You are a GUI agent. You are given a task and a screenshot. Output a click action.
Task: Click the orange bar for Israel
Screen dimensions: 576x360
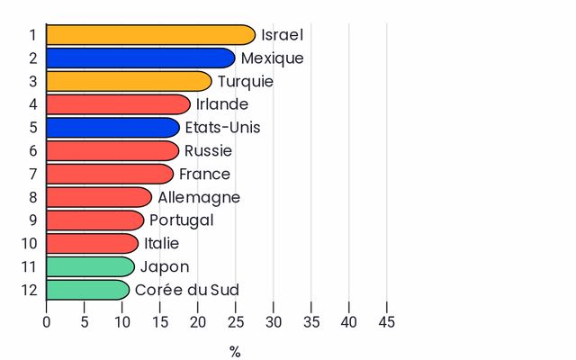150,35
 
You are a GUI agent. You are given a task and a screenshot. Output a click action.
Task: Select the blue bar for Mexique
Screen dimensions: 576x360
140,58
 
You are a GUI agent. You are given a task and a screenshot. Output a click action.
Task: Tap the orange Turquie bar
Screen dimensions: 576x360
130,81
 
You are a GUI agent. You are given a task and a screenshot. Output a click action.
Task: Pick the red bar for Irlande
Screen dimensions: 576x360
119,104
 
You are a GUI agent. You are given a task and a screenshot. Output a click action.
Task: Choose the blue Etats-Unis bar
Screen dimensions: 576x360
113,128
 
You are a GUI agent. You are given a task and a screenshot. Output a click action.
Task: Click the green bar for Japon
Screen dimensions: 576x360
91,266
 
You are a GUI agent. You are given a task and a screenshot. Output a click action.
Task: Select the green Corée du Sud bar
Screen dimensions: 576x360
88,290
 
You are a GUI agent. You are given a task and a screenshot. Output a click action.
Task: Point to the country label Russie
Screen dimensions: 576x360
208,150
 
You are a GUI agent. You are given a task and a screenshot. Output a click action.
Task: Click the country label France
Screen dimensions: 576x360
204,174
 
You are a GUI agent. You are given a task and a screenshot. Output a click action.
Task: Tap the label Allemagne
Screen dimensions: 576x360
199,198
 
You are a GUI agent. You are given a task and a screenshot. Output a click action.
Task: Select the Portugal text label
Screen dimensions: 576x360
182,220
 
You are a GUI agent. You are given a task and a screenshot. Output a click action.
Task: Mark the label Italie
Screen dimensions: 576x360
162,244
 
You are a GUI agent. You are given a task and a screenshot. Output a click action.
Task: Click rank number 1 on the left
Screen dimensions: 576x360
33,35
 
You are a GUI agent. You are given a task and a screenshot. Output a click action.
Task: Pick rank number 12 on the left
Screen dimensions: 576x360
30,290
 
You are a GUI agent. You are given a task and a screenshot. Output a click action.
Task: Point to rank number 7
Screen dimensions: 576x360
33,174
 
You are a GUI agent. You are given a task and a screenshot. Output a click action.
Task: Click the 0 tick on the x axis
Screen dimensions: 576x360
46,322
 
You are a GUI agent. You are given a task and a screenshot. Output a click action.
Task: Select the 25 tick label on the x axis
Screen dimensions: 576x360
236,322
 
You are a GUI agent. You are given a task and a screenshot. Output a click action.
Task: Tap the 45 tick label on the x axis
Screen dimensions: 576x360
387,322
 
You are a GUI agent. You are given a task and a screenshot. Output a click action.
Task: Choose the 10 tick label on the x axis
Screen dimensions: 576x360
122,322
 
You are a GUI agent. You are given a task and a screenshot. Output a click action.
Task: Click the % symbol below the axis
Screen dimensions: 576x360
235,352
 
